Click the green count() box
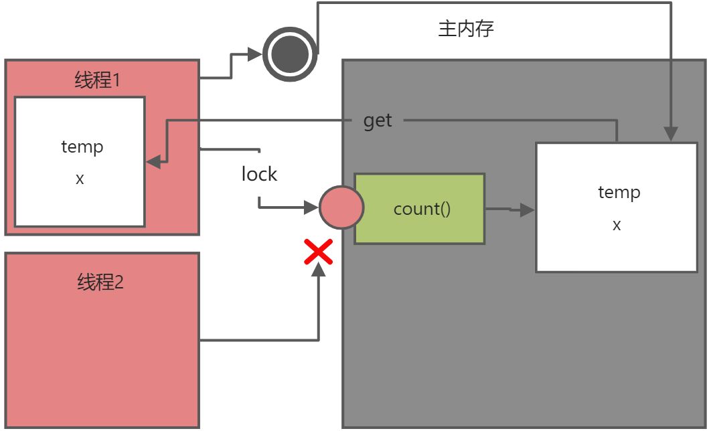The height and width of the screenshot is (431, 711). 419,209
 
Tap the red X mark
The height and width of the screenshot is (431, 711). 319,252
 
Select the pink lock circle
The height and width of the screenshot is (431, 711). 341,207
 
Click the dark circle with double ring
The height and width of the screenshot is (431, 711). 290,54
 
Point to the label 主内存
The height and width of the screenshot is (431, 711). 467,29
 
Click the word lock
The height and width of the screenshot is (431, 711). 259,175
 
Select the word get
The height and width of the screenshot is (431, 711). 378,121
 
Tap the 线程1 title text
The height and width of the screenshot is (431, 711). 97,81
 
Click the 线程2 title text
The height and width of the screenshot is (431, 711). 100,282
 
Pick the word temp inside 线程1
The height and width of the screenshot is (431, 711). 82,147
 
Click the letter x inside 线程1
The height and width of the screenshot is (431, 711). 80,179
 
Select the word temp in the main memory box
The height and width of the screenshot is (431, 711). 619,193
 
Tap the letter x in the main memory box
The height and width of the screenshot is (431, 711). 617,225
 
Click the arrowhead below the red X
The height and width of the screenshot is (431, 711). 319,269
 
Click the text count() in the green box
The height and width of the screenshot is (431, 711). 422,209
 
